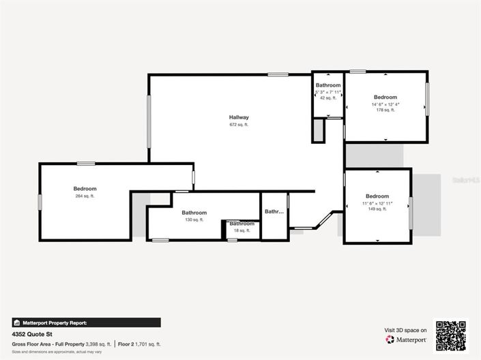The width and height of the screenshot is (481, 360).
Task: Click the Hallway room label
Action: pyautogui.click(x=239, y=117)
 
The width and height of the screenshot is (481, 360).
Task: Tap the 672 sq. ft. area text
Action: pyautogui.click(x=239, y=125)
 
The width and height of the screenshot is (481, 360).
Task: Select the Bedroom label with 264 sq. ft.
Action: pyautogui.click(x=85, y=188)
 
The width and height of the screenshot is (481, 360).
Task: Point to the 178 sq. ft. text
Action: pyautogui.click(x=385, y=110)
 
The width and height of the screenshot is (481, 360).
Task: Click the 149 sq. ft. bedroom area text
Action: pyautogui.click(x=377, y=209)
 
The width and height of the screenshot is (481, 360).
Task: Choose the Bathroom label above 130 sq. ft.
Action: pyautogui.click(x=194, y=212)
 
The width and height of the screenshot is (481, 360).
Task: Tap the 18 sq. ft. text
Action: pyautogui.click(x=242, y=230)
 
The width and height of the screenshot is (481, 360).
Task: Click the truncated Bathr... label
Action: pyautogui.click(x=274, y=211)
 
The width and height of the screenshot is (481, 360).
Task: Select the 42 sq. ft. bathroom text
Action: pyautogui.click(x=328, y=97)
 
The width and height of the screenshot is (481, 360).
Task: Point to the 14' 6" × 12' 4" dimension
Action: pyautogui.click(x=385, y=104)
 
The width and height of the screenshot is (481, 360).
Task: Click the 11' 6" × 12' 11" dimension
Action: pyautogui.click(x=377, y=203)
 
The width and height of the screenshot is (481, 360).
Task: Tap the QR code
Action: pyautogui.click(x=451, y=335)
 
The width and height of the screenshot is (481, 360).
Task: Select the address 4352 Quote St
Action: pyautogui.click(x=31, y=335)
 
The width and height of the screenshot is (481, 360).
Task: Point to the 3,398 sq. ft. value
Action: pyautogui.click(x=98, y=344)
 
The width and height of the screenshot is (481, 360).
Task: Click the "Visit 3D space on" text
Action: pyautogui.click(x=405, y=330)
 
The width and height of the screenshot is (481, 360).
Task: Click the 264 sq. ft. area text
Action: pyautogui.click(x=85, y=196)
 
